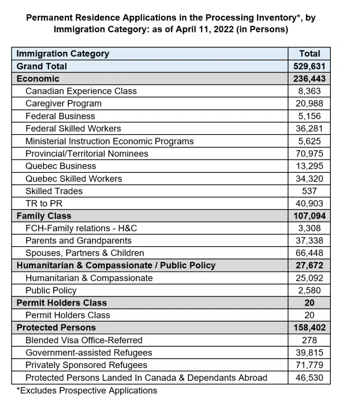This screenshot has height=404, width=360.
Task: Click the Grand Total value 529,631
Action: point(309,66)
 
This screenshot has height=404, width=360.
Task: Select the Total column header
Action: point(310,54)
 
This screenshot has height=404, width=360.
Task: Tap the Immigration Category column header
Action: point(63,54)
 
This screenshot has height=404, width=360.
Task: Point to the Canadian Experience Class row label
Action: point(81,91)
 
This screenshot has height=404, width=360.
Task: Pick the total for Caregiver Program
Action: point(309,103)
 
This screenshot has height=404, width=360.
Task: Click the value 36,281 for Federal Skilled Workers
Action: point(309,129)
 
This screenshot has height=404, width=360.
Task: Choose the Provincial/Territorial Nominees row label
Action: point(87,153)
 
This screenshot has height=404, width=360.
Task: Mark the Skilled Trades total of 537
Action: point(309,191)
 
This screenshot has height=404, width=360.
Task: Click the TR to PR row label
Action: point(44,204)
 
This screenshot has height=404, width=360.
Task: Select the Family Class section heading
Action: point(44,216)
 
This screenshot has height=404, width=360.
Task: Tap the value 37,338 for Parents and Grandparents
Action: point(309,241)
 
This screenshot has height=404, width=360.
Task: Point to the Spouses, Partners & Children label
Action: point(85,253)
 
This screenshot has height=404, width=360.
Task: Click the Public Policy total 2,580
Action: point(309,290)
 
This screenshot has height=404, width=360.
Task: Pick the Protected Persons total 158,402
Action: point(309,327)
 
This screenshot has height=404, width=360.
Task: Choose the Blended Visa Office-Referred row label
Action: point(84,340)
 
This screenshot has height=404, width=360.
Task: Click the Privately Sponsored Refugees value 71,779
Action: point(309,365)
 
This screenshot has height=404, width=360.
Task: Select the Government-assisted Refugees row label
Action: point(89,353)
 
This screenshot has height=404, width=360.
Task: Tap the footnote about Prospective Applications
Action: point(87,391)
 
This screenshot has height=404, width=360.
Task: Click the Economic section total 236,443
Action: point(309,79)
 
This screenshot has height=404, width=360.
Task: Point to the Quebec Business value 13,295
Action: point(309,166)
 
